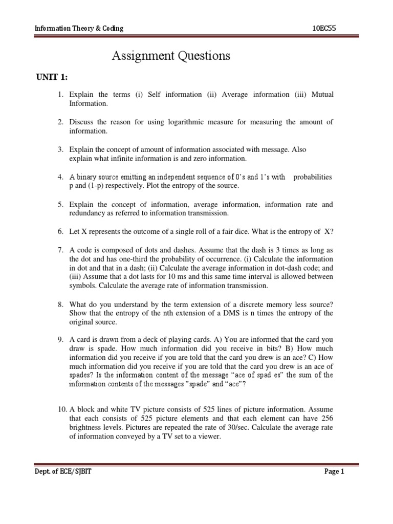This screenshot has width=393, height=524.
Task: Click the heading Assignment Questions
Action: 171,56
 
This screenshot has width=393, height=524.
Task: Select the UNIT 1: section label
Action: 52,77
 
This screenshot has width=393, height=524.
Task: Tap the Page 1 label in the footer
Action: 335,472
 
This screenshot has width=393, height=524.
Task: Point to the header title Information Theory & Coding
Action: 79,28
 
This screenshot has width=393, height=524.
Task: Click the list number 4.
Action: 60,177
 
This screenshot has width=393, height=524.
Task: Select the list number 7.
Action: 60,250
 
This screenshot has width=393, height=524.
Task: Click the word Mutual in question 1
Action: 319,95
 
